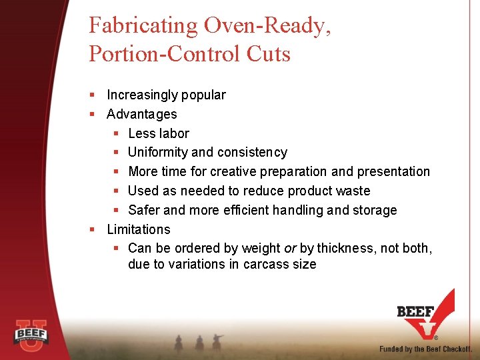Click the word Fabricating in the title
coord(143,26)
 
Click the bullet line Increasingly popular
coord(166,95)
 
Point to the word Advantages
coord(142,114)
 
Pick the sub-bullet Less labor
coord(159,133)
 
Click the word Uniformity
coord(160,153)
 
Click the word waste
coord(353,191)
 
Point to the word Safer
coord(144,210)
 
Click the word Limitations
coord(139,229)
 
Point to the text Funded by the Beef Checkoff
coord(425,349)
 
